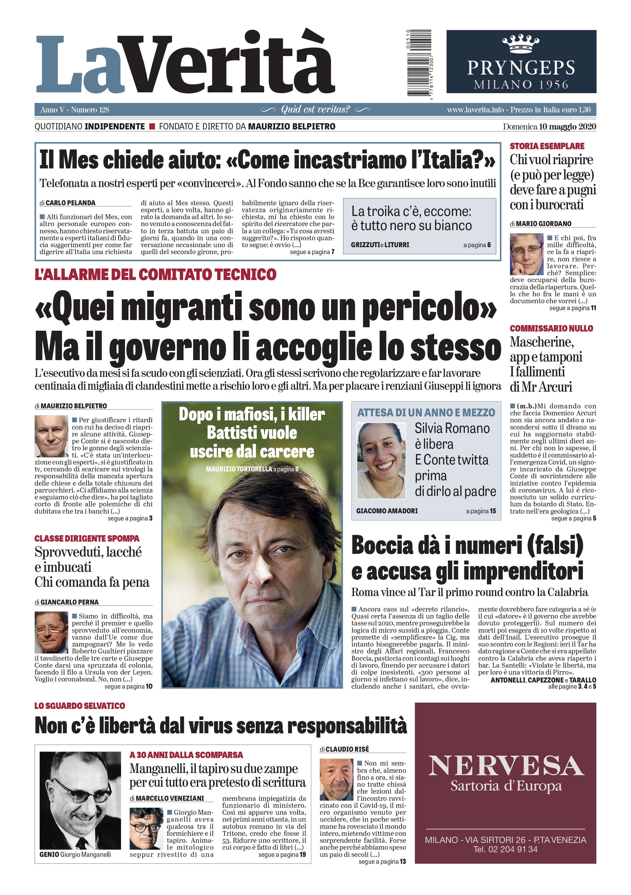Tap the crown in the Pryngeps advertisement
pyautogui.click(x=521, y=44)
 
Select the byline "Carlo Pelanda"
pyautogui.click(x=70, y=203)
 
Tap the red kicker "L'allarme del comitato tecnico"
pyautogui.click(x=155, y=274)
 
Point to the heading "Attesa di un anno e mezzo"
pyautogui.click(x=426, y=412)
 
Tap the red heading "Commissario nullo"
pyautogui.click(x=551, y=328)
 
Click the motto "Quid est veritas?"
pyautogui.click(x=315, y=109)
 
